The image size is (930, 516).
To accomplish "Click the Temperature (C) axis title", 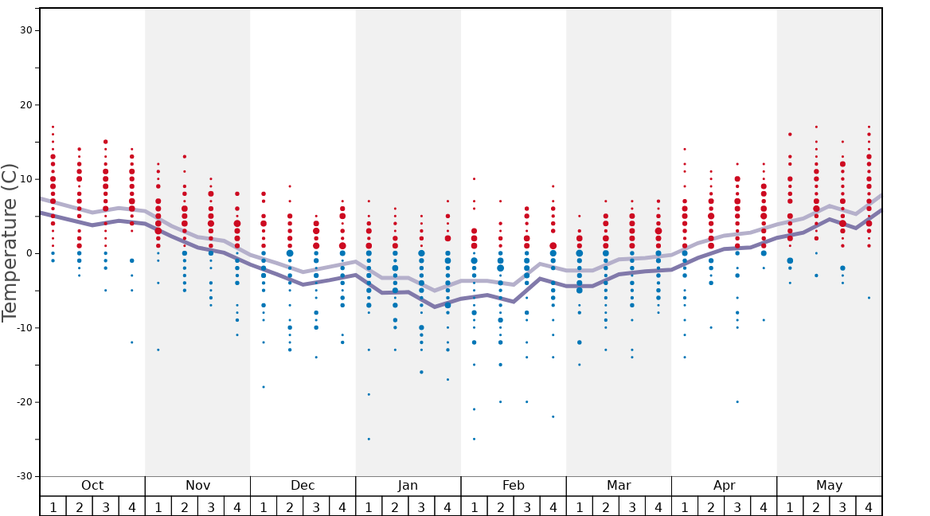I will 10,243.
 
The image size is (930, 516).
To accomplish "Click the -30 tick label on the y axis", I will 23,476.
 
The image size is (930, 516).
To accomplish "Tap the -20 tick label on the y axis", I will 23,402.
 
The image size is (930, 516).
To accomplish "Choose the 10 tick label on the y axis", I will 26,179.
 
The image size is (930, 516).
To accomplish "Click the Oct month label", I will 92,486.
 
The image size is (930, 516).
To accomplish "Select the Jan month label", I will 408,486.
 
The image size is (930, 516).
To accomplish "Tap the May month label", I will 829,486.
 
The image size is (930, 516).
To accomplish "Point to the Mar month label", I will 619,486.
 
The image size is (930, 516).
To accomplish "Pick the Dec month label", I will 303,486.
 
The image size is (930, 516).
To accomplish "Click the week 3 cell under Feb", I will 526,506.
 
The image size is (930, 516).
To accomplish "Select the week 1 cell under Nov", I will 158,506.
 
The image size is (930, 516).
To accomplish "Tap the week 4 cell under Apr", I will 764,506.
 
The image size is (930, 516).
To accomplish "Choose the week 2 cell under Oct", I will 79,506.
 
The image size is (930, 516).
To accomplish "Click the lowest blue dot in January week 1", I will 369,439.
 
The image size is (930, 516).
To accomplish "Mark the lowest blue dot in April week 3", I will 737,402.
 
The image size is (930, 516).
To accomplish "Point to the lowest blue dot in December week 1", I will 264,387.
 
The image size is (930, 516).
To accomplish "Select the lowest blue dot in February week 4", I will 553,416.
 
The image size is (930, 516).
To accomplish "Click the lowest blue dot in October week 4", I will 131,342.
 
